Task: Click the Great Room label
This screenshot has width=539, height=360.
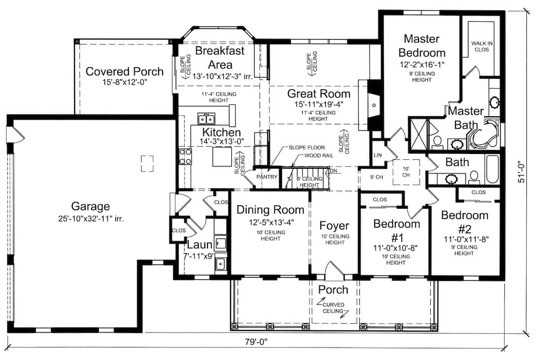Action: (x=318, y=94)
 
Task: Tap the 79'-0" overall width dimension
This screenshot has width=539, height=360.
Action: (x=256, y=342)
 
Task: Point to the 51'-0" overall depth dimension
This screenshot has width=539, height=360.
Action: (x=521, y=172)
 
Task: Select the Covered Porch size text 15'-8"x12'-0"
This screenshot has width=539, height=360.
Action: (x=125, y=82)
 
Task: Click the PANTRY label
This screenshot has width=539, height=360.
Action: (x=267, y=177)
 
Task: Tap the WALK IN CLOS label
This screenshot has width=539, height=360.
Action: (x=482, y=47)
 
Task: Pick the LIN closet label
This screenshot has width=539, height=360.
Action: (x=378, y=155)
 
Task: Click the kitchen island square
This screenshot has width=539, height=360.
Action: (x=222, y=157)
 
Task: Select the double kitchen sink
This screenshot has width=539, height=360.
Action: (x=206, y=119)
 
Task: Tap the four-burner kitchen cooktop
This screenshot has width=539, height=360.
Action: (x=185, y=157)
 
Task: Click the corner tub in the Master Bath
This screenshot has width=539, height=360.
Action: (x=484, y=133)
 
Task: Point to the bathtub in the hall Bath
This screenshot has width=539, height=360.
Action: (x=493, y=170)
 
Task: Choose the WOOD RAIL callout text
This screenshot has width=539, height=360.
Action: (x=319, y=156)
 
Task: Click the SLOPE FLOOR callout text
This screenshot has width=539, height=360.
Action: (x=307, y=147)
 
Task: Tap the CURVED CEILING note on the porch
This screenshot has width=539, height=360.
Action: (x=333, y=308)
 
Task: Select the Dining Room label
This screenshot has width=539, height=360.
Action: (x=270, y=210)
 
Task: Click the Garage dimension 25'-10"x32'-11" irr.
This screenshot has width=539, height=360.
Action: (x=91, y=219)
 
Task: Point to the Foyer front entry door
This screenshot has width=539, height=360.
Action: (x=335, y=271)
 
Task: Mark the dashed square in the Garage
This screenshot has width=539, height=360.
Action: (x=147, y=163)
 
